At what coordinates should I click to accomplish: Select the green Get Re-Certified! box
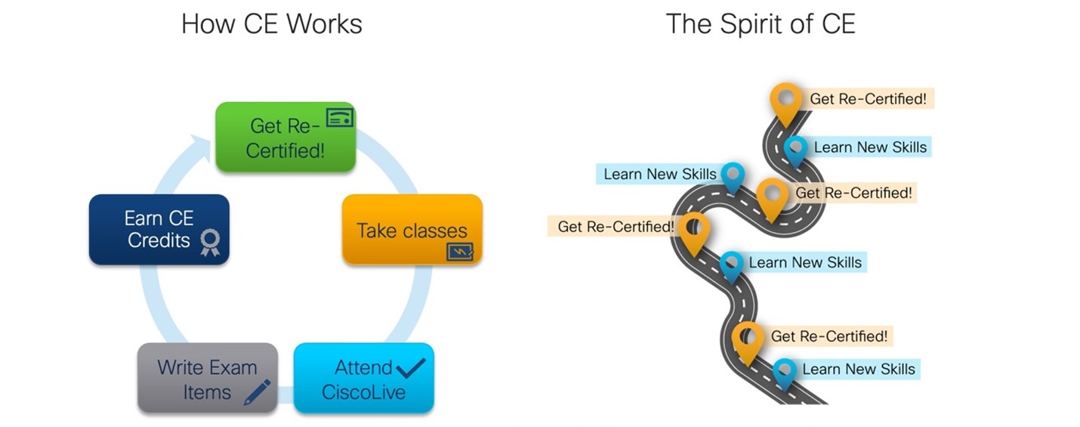(x=285, y=137)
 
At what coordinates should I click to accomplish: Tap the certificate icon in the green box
(x=339, y=117)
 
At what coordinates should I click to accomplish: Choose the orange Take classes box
(x=412, y=230)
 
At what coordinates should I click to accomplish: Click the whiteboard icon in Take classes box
(x=459, y=251)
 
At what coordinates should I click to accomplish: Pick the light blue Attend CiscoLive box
(x=363, y=378)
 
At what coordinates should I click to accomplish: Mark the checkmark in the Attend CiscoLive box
(x=410, y=368)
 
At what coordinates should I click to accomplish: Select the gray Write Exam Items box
(x=208, y=378)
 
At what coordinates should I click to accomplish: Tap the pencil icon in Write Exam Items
(x=257, y=392)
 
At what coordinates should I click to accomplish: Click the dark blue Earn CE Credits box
(x=159, y=229)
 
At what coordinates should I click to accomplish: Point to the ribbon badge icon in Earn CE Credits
(x=210, y=243)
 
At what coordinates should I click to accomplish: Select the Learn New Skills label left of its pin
(x=659, y=174)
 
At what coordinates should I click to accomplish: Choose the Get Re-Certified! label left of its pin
(x=615, y=226)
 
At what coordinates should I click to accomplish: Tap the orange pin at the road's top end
(x=785, y=101)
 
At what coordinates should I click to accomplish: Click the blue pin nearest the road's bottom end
(x=784, y=372)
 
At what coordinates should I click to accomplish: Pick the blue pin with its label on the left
(x=733, y=176)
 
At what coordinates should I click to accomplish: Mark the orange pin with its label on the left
(x=694, y=231)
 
